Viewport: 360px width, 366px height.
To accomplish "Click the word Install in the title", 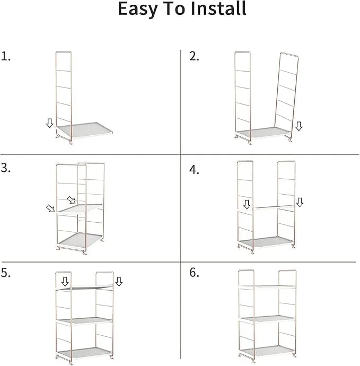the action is click(218, 8).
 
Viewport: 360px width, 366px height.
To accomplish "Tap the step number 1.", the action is click(6, 56).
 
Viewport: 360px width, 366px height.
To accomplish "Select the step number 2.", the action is click(194, 56).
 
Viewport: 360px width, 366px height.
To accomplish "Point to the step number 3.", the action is click(6, 168).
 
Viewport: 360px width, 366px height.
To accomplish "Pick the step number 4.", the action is click(194, 170).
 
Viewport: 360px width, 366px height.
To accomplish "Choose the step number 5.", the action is click(6, 273).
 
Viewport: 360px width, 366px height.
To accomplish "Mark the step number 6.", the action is click(194, 273).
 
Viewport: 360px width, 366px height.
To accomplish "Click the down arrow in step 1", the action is click(49, 123).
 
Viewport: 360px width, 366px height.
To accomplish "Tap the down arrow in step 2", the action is click(298, 126).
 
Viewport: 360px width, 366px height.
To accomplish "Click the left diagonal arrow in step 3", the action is click(50, 208).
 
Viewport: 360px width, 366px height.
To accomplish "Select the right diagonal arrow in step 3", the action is click(72, 200).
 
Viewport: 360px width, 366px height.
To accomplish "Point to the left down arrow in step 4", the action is click(247, 204).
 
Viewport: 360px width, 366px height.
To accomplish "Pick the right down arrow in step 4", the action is click(300, 202).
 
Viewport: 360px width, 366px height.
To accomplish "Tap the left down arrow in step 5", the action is click(65, 282).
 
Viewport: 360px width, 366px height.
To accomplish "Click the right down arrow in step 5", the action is click(119, 282).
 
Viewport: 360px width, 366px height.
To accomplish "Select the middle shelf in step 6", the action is click(267, 319).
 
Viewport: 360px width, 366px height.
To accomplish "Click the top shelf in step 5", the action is click(84, 287).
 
